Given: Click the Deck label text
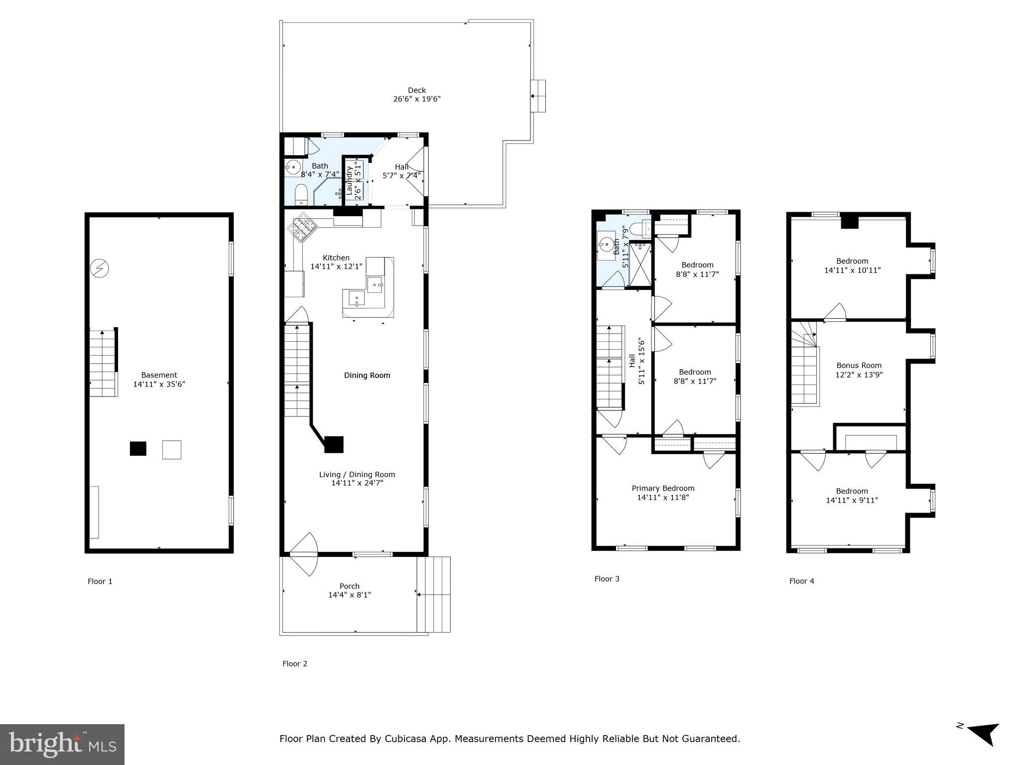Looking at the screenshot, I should (417, 90).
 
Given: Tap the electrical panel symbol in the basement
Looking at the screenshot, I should (99, 269).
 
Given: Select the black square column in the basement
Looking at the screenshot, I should (138, 449).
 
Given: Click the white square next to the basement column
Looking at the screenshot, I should (172, 450).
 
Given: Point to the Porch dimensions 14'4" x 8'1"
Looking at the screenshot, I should (350, 595).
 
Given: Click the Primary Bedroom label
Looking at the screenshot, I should (663, 488).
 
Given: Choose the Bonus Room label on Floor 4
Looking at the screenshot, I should (859, 365).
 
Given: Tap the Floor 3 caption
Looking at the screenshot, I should (607, 579).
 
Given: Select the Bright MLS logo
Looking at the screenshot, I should (62, 745).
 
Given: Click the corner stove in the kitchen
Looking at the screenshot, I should (302, 229).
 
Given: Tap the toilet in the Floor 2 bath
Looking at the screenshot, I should (301, 194).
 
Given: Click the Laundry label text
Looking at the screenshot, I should (349, 180).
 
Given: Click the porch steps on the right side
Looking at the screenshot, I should (434, 594).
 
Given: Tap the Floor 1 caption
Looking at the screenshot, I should (100, 581).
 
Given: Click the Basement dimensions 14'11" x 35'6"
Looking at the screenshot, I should (159, 384).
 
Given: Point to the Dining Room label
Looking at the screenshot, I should (367, 375).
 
